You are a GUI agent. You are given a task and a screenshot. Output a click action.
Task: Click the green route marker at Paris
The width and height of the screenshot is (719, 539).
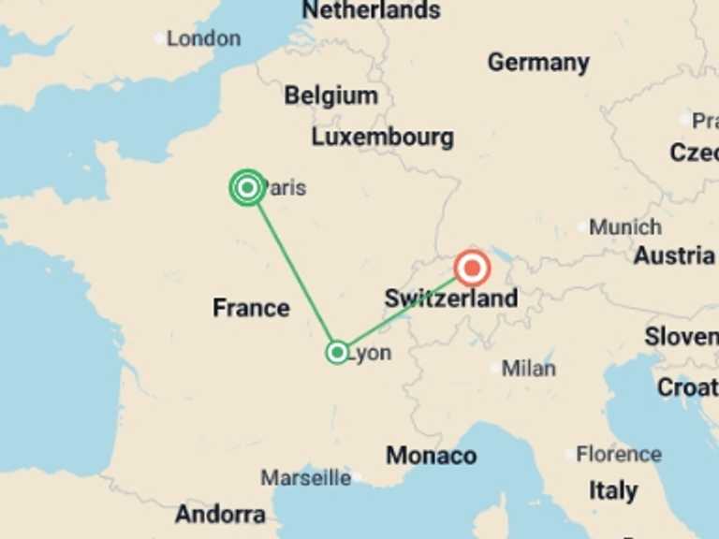click(247, 188)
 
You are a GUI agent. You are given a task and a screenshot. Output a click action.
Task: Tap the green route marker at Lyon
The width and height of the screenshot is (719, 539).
click(337, 353)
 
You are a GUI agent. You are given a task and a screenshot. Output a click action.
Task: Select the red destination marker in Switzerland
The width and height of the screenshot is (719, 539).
click(472, 269)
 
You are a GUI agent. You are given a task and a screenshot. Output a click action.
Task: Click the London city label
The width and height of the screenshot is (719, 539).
click(203, 39)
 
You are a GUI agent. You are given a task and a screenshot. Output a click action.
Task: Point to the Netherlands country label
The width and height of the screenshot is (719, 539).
click(371, 11)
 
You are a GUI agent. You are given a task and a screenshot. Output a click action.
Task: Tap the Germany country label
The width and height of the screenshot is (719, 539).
click(538, 63)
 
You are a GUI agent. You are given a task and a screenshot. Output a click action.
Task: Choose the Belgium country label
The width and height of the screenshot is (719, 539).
click(331, 95)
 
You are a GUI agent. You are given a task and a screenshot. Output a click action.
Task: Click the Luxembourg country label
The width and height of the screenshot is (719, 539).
click(382, 137)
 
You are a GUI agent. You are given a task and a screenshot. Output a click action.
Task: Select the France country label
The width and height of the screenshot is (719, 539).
click(251, 308)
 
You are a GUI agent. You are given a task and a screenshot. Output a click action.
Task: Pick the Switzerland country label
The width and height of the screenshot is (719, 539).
click(450, 299)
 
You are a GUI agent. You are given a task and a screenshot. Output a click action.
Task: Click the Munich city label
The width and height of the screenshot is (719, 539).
click(625, 227)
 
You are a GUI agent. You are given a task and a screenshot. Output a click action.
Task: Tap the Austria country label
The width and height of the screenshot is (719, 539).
click(674, 255)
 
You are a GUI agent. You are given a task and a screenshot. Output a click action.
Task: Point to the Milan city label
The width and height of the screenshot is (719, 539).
click(528, 369)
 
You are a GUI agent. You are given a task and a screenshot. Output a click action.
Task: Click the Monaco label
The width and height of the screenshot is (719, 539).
click(431, 456)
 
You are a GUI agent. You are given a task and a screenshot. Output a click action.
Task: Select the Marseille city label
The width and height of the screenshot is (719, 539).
click(305, 478)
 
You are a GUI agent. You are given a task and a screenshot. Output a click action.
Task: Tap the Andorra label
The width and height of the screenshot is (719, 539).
click(219, 514)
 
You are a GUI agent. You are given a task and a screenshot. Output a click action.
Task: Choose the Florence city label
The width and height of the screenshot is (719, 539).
click(618, 455)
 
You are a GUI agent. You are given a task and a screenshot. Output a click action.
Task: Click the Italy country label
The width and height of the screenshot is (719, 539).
click(613, 490)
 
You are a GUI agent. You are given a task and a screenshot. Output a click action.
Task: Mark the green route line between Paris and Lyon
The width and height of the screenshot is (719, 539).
click(292, 270)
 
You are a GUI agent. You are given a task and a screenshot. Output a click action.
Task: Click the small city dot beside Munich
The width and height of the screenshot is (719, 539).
click(582, 227)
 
